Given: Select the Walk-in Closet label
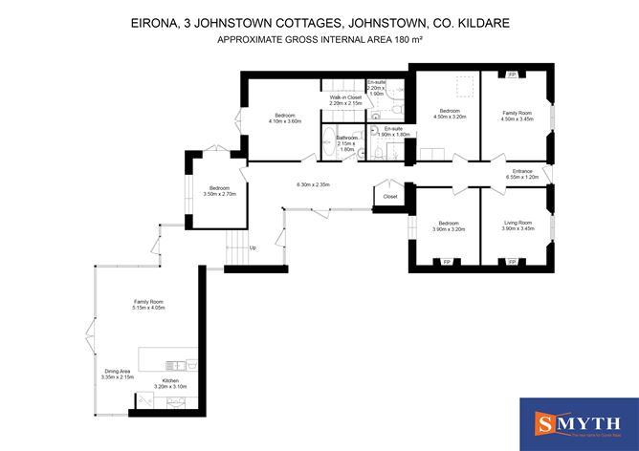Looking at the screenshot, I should (x=345, y=99).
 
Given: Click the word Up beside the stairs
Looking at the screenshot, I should (x=252, y=248).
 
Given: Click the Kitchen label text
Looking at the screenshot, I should (x=170, y=383).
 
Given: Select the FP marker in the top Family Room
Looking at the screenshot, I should (x=512, y=73).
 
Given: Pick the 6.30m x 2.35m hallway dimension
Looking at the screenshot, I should (x=313, y=184).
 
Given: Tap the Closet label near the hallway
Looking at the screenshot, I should (x=389, y=196).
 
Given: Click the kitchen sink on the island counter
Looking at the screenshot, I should (x=174, y=364).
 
